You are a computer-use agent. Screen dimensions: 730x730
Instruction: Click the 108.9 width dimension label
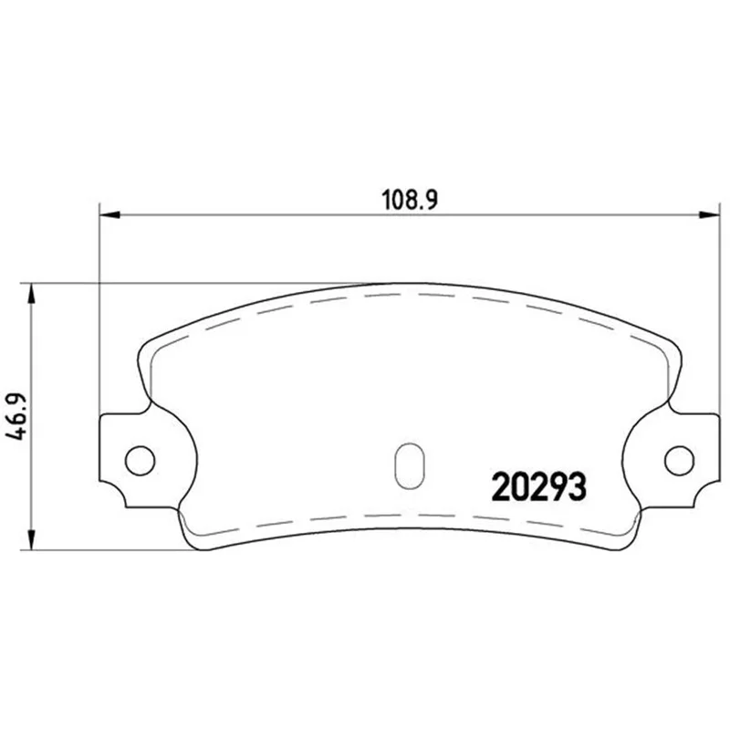tap(410, 200)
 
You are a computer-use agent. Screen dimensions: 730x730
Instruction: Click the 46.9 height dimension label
tap(16, 417)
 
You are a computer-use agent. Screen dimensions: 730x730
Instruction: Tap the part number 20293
tap(538, 486)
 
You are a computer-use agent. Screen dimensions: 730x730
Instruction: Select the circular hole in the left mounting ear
tap(141, 461)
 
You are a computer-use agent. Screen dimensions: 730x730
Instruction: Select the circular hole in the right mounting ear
tap(679, 461)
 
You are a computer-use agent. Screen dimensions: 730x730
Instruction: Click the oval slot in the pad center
tap(409, 465)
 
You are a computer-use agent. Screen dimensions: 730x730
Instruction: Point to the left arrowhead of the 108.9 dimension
tap(110, 214)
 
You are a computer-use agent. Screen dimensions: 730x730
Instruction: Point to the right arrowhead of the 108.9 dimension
tap(709, 214)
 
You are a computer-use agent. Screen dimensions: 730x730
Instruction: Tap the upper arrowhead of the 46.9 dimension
tap(31, 293)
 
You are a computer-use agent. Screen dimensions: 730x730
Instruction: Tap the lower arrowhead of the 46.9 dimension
tap(31, 539)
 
